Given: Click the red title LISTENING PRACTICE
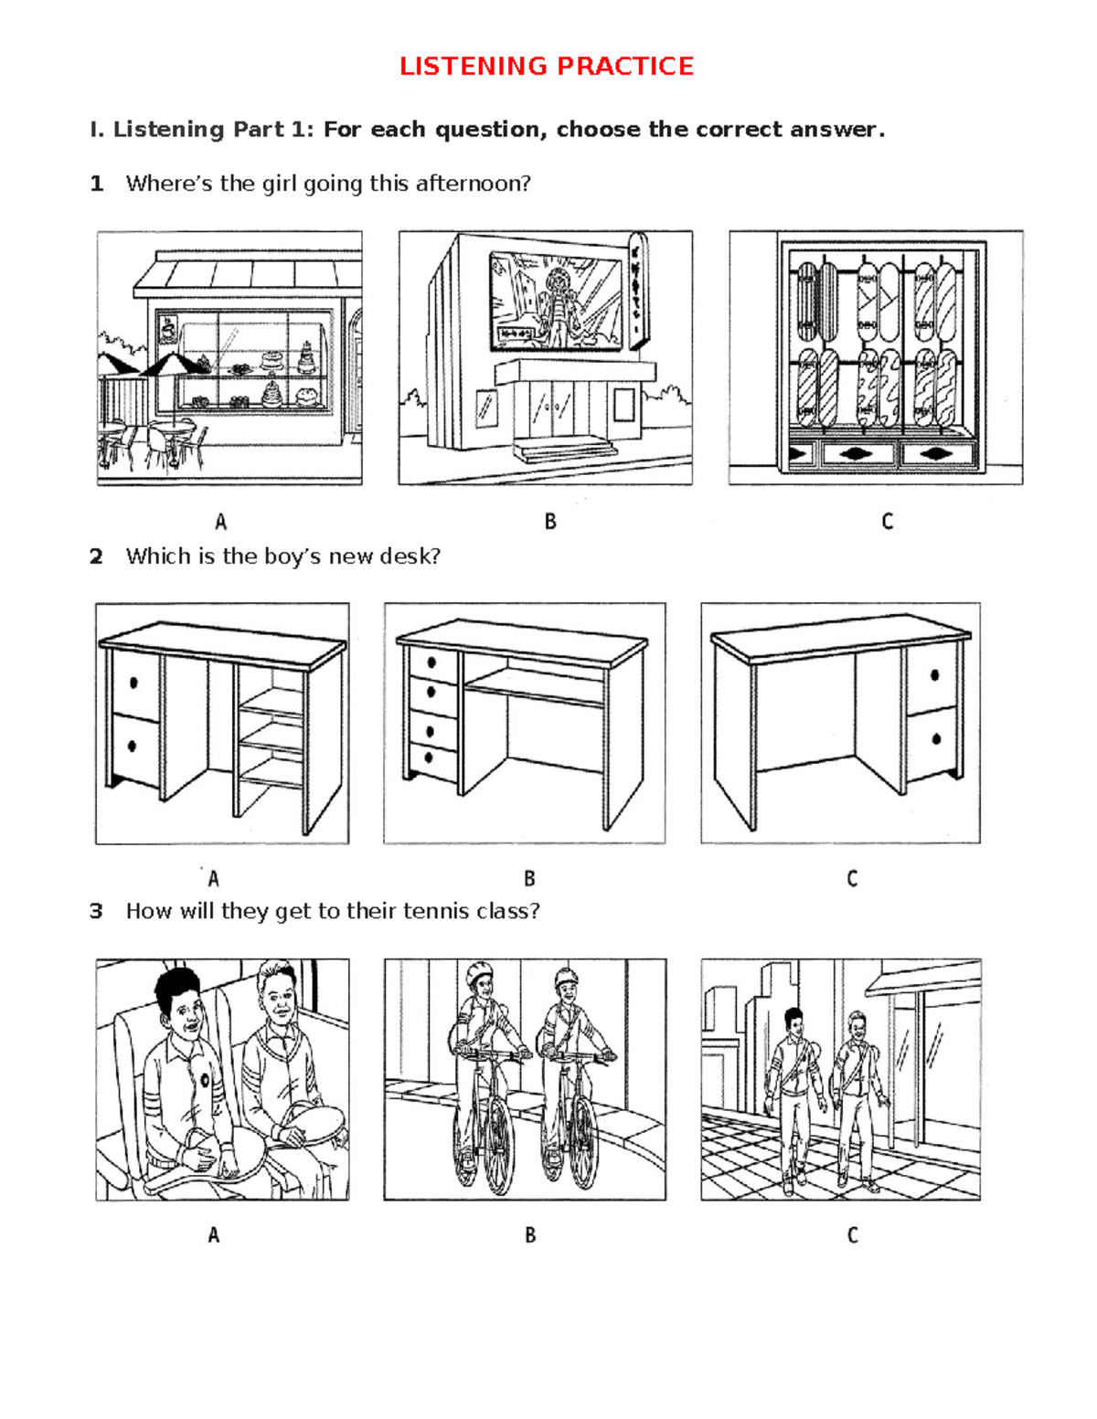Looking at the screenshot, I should [547, 66].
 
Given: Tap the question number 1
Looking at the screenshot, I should [96, 184].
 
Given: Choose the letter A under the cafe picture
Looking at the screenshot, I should [220, 522].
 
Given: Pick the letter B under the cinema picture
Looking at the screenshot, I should [550, 522].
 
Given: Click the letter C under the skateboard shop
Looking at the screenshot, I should [887, 522].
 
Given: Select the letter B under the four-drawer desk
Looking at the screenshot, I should [529, 879].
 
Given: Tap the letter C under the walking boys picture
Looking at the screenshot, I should [852, 1235].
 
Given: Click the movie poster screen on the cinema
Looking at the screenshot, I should [554, 300].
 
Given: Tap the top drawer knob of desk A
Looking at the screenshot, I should [134, 682].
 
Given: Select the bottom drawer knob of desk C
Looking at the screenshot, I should [935, 738].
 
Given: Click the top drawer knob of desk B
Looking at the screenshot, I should [431, 662].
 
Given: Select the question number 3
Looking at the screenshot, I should [96, 911].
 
